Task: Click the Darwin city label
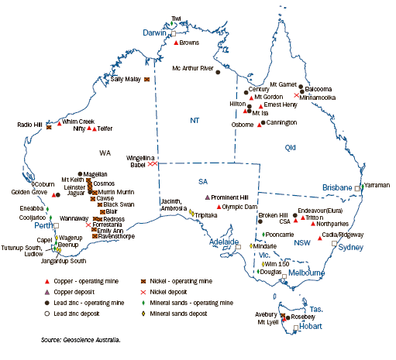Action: click(156, 33)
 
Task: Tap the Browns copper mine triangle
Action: click(177, 44)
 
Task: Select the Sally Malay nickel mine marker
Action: click(146, 79)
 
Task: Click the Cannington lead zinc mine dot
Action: click(263, 123)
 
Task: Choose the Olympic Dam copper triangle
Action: click(219, 207)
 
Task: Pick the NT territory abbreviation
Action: click(195, 120)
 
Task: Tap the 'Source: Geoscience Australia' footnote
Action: click(82, 339)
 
